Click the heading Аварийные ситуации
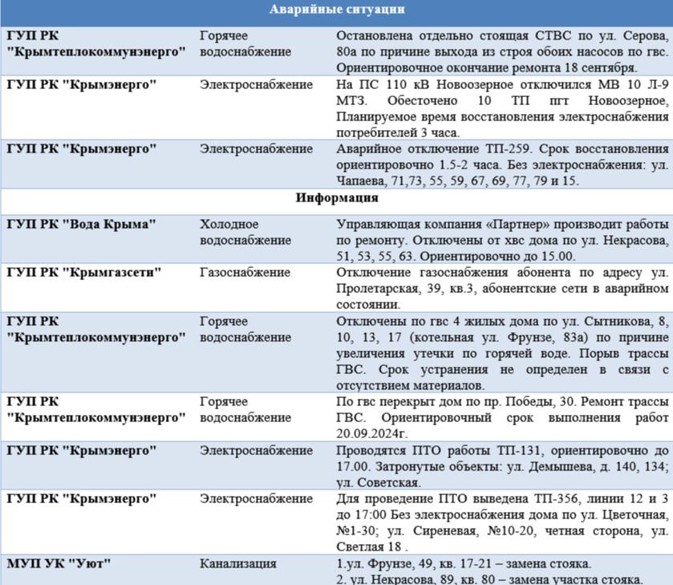click(336, 10)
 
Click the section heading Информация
click(336, 197)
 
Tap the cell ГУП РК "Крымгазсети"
click(84, 273)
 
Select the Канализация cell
click(238, 563)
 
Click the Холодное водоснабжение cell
click(245, 232)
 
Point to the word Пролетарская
click(376, 289)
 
